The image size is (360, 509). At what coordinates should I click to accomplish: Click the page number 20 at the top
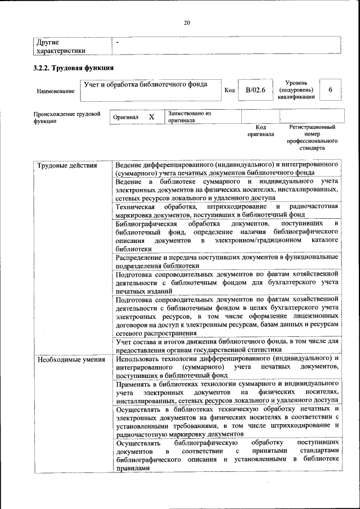click(x=187, y=22)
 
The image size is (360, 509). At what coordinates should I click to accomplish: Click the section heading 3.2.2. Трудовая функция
click(x=73, y=68)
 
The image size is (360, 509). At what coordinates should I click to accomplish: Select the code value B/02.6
click(x=251, y=90)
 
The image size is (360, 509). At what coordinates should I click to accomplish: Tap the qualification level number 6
click(x=330, y=90)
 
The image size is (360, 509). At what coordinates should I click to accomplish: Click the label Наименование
click(x=55, y=91)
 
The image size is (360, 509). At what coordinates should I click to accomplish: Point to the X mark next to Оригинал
click(x=151, y=117)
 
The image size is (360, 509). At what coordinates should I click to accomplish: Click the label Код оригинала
click(x=260, y=131)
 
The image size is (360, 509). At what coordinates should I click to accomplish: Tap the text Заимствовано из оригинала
click(x=189, y=116)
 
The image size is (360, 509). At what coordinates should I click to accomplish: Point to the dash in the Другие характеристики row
click(x=117, y=42)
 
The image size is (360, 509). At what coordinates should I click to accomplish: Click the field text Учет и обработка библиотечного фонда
click(x=145, y=84)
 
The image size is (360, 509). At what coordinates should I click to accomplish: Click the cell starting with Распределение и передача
click(x=226, y=261)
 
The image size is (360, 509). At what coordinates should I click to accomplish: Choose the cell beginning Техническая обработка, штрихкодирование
click(x=226, y=210)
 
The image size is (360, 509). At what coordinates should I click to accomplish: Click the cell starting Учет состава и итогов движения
click(x=226, y=345)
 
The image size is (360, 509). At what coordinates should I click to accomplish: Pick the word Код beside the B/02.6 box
click(x=229, y=90)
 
